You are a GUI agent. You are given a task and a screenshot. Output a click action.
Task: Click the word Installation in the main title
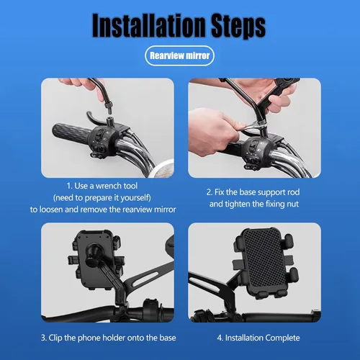tap(149, 25)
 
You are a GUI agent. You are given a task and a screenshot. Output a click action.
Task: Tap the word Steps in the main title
tap(238, 27)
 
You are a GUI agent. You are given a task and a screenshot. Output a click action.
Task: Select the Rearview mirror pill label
tap(179, 55)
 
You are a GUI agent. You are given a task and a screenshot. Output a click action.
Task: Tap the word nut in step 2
tap(293, 204)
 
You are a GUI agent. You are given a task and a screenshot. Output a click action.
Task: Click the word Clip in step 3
tap(55, 338)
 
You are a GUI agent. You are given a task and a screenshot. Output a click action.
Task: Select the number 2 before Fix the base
tap(210, 192)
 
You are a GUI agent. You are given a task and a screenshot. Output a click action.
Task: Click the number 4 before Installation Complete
tap(220, 338)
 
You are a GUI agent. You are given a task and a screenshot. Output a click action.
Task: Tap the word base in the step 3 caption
tap(168, 338)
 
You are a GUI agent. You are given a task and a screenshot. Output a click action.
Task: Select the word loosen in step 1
tap(51, 210)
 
